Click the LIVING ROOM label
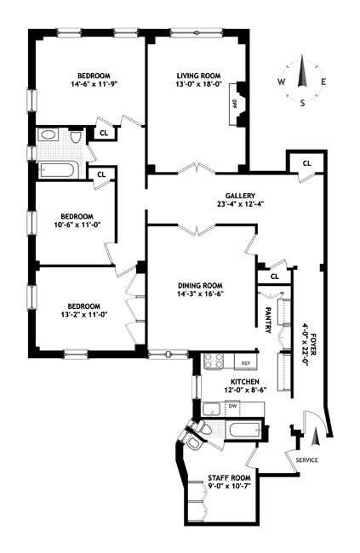pos(197,75)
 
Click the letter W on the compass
pos(280,83)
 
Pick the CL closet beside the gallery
pos(306,162)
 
